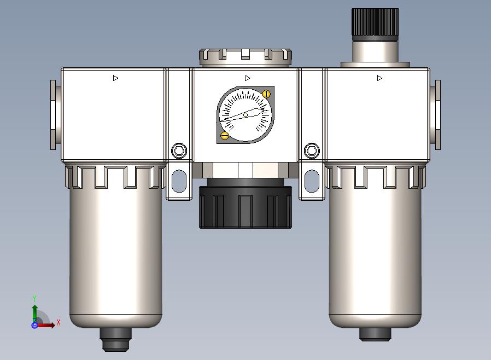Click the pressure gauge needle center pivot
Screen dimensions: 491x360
[x=245, y=115]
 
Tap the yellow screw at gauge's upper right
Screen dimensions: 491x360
[x=266, y=94]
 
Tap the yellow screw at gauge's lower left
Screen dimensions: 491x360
[x=225, y=136]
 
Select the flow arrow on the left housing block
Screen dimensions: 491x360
[x=115, y=78]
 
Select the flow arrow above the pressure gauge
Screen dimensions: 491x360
[x=247, y=78]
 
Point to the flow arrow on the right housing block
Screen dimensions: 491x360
[x=379, y=78]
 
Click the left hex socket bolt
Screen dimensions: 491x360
[x=179, y=150]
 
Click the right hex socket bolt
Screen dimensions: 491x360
[x=312, y=150]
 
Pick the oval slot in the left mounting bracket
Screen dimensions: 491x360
[x=179, y=181]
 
